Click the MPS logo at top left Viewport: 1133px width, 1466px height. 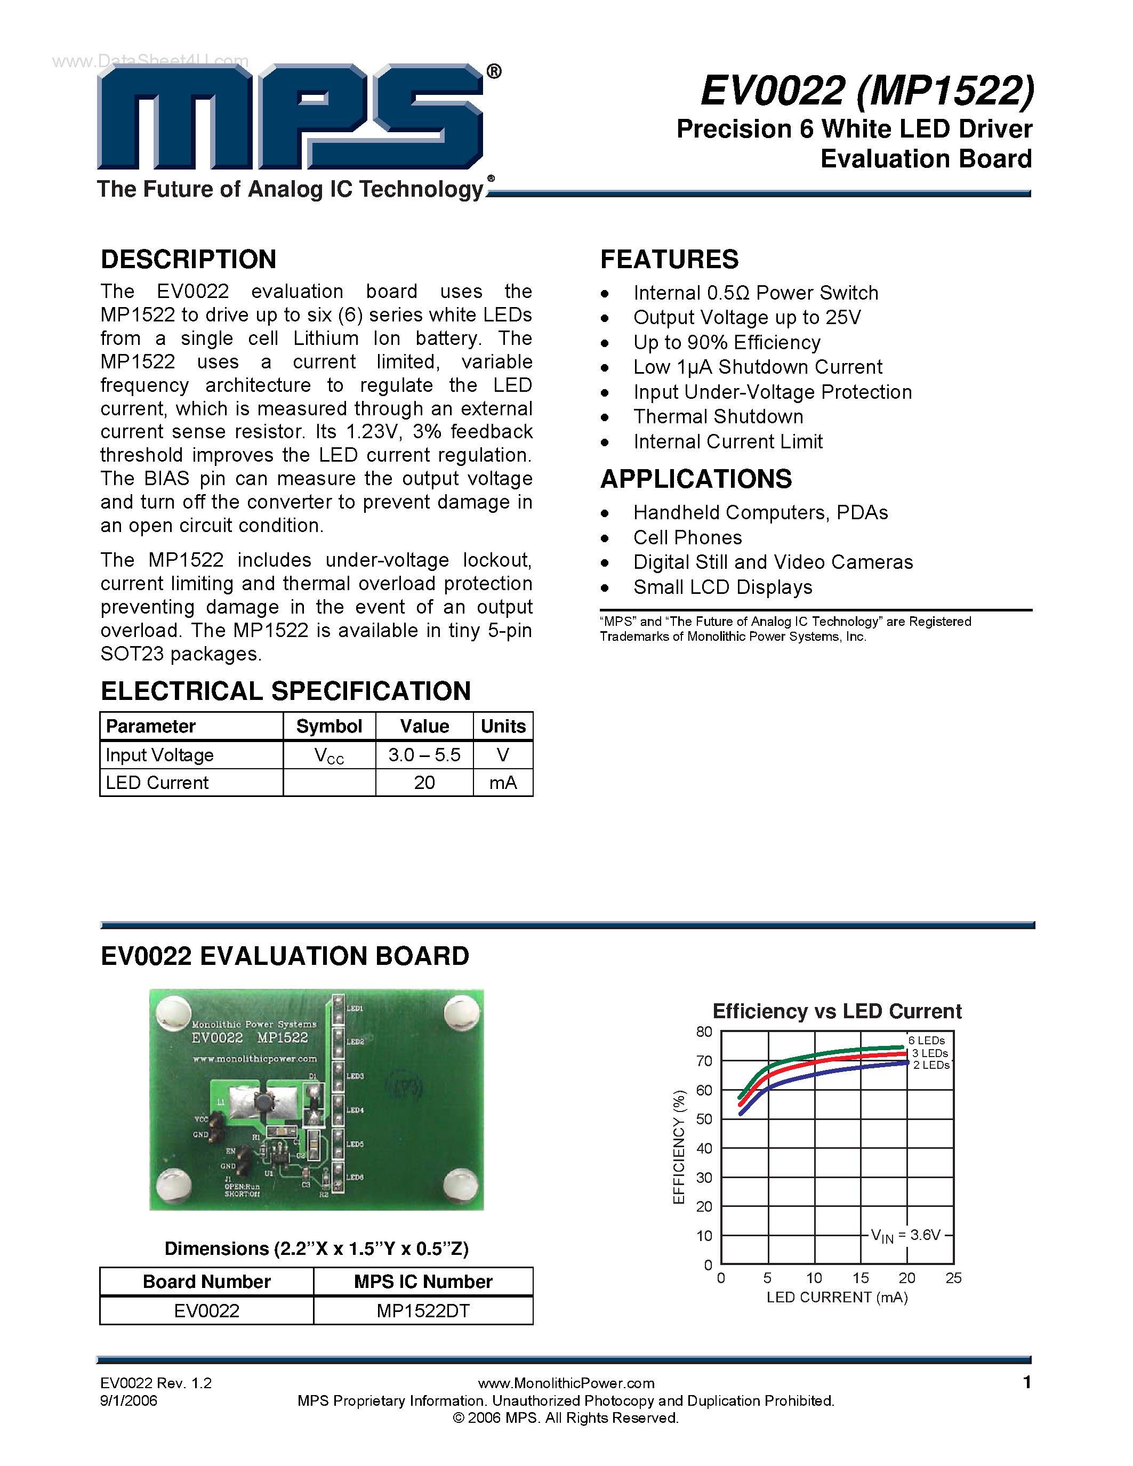coord(290,117)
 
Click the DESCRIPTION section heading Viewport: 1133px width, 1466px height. coord(189,259)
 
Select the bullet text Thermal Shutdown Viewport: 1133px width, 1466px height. coord(718,417)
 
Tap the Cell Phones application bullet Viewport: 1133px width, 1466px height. coord(687,538)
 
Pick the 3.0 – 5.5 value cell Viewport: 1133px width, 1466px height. coord(424,755)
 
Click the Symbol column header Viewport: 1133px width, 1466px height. coord(329,726)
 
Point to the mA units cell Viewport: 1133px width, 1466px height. coord(503,783)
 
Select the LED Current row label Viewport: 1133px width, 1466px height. coord(157,783)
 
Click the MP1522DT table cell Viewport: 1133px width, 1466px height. coord(423,1311)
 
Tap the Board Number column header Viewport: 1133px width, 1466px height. coord(207,1282)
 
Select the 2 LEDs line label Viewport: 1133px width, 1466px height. coord(931,1065)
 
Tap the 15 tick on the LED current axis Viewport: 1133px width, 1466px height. coord(861,1278)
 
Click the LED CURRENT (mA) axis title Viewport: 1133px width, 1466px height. coord(837,1298)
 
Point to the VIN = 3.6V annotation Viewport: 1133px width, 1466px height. coord(905,1235)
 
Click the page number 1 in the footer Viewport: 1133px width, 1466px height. coord(1026,1382)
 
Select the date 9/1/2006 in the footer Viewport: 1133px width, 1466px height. coord(129,1401)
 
